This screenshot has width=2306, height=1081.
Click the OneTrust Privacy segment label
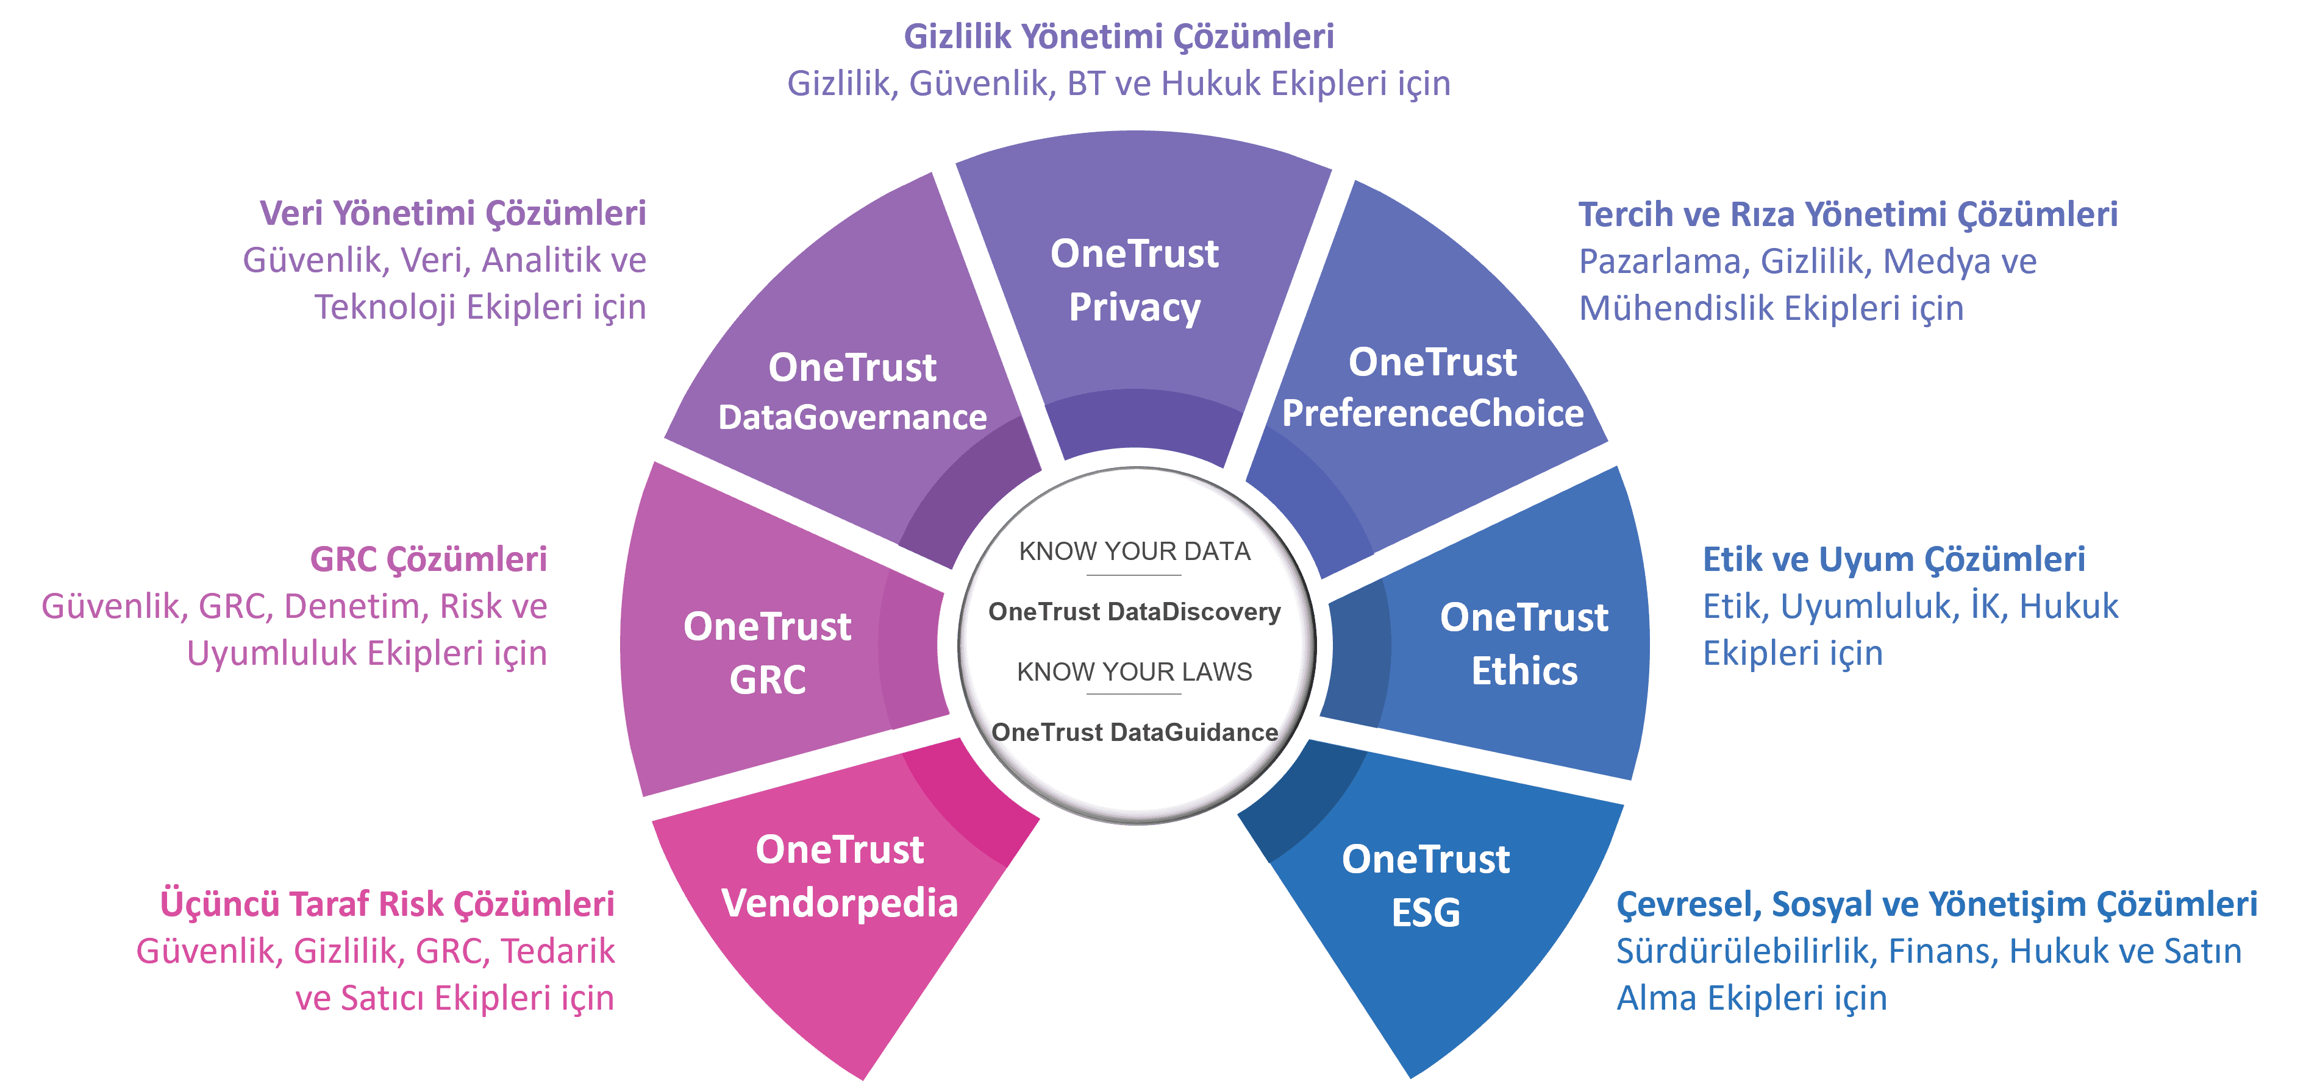click(1134, 280)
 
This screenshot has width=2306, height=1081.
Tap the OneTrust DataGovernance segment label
click(852, 392)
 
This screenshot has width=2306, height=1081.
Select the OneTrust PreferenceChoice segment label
click(1432, 388)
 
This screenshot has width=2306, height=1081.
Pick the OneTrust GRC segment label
click(767, 653)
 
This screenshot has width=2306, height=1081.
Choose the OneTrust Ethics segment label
click(1524, 643)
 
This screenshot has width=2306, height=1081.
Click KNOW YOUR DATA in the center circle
click(1134, 551)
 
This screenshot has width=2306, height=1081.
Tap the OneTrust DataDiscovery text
click(1134, 612)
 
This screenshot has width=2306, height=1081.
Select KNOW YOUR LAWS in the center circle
click(1134, 672)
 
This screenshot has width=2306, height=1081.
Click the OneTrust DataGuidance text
click(1134, 732)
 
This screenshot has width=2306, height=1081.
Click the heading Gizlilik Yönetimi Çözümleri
click(1118, 37)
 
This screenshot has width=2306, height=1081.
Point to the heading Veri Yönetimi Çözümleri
click(453, 214)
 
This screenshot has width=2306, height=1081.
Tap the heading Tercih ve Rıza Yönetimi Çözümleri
click(1847, 214)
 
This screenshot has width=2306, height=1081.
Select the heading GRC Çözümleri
click(428, 559)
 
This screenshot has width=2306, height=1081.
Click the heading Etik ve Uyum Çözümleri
click(1893, 559)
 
